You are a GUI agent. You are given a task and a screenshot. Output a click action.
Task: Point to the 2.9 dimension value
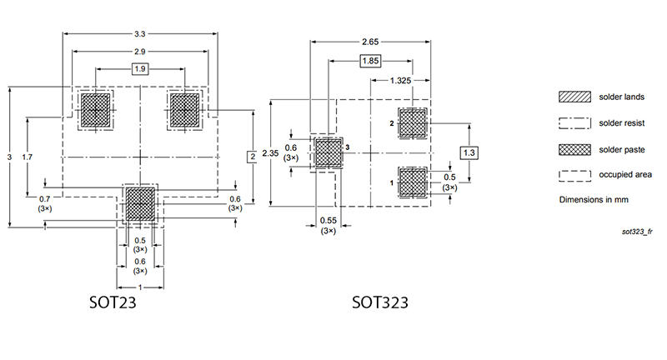point(140,52)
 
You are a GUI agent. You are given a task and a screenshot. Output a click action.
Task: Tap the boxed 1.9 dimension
point(140,69)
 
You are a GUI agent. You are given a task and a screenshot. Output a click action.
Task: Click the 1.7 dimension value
point(28,157)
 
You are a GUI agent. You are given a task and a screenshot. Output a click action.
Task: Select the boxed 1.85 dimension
point(370,61)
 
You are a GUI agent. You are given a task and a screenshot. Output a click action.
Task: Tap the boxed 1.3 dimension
point(469,153)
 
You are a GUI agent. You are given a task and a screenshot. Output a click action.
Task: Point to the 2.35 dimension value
point(269,153)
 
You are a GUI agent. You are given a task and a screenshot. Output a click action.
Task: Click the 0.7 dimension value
point(45,198)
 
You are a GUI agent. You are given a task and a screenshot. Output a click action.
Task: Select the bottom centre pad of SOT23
point(140,202)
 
